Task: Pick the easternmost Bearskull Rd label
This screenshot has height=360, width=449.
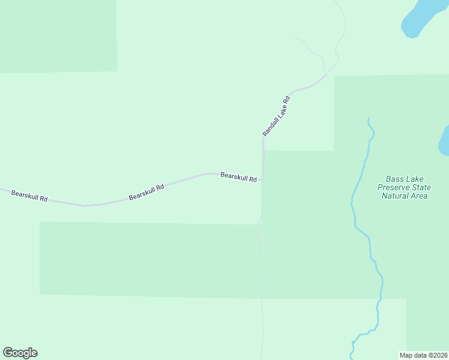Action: tap(238, 176)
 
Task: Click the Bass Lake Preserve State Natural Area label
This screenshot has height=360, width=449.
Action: tap(403, 187)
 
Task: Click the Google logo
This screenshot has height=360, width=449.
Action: tap(20, 353)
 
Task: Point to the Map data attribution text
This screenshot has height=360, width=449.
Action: tap(424, 355)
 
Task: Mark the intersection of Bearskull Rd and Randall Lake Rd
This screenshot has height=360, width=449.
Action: tap(262, 179)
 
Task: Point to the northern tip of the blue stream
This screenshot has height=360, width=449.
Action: tap(369, 118)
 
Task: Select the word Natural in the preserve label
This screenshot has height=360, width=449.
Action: tap(396, 196)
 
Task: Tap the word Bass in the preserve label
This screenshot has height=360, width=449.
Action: tap(396, 179)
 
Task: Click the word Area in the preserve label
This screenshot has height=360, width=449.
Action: tap(419, 196)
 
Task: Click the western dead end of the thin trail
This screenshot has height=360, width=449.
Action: tap(296, 38)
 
